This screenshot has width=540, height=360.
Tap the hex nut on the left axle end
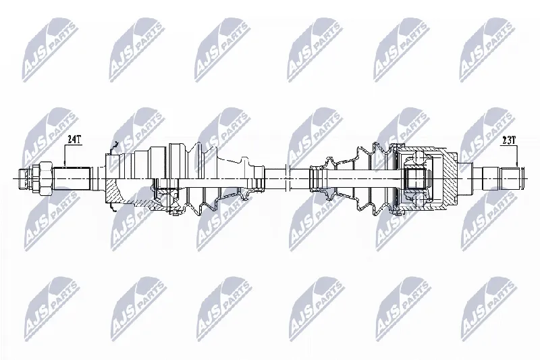point(45,179)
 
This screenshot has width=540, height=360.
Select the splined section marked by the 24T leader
point(72,178)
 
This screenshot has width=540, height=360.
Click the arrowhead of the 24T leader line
point(65,165)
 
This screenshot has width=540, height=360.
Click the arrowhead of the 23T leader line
point(516,165)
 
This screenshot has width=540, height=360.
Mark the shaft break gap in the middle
point(288,179)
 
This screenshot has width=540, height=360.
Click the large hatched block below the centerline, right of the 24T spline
point(113,191)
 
